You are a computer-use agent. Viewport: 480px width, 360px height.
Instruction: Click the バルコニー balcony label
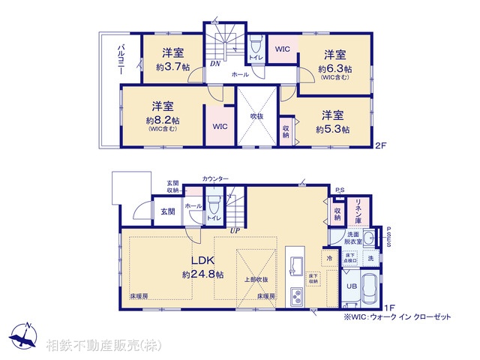click(x=120, y=60)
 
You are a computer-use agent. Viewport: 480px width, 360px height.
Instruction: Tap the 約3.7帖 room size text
click(x=172, y=67)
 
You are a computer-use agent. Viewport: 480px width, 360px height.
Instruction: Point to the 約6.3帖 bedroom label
click(x=334, y=67)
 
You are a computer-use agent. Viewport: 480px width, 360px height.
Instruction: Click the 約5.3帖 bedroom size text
click(x=332, y=129)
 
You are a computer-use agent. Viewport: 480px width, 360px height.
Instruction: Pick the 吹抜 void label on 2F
click(x=257, y=117)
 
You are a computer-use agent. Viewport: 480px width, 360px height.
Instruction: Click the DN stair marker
click(x=214, y=64)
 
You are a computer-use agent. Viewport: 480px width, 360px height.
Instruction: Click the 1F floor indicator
click(x=388, y=307)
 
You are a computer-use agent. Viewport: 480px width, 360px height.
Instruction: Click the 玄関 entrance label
click(x=166, y=212)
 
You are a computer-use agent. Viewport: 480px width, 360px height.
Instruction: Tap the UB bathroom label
click(x=351, y=286)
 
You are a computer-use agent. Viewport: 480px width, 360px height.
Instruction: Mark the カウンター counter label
click(x=217, y=178)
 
